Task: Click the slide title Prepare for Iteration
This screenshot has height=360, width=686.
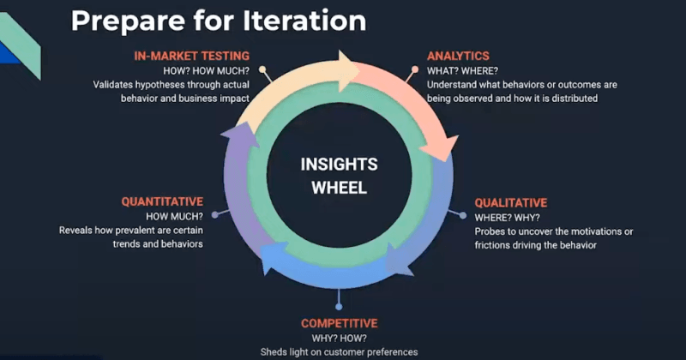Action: [x=218, y=21]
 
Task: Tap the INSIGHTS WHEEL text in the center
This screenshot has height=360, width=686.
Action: [x=339, y=176]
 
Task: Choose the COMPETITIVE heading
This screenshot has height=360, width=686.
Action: [x=339, y=323]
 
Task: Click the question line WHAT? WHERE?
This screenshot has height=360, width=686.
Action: [x=463, y=70]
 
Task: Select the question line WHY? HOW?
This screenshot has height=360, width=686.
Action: [x=339, y=338]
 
